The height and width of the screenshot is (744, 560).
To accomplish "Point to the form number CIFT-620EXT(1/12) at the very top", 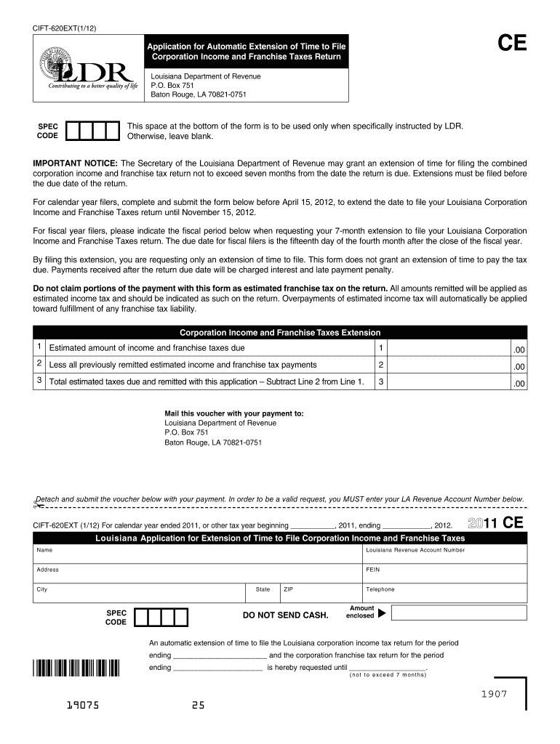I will pyautogui.click(x=64, y=28).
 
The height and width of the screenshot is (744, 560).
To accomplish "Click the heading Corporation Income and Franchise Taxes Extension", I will pyautogui.click(x=280, y=333).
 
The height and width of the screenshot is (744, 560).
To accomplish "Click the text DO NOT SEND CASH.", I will pyautogui.click(x=285, y=615).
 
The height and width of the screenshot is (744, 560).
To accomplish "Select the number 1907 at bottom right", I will pyautogui.click(x=492, y=694).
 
